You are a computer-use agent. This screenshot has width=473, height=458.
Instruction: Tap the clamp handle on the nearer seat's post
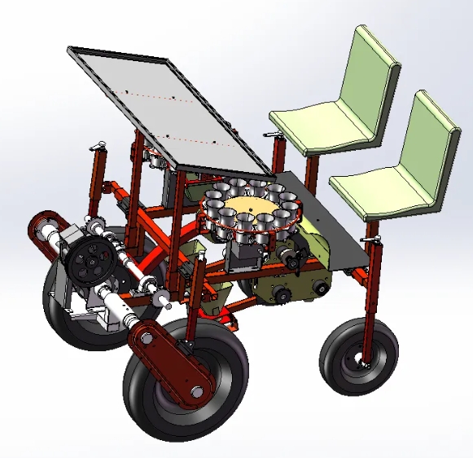point(375,239)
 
